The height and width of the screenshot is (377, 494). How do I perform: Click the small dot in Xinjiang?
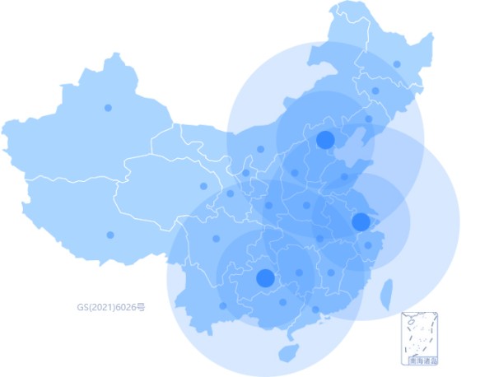(108, 108)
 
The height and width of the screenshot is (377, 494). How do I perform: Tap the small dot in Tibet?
(110, 235)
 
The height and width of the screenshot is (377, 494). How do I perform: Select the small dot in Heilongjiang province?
(397, 63)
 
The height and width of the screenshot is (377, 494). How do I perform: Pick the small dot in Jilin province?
(375, 91)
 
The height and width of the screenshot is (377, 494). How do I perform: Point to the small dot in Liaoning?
(368, 119)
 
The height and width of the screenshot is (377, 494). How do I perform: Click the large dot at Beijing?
(325, 139)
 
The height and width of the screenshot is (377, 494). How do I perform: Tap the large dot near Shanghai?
(361, 221)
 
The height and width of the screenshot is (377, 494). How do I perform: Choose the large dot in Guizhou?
(265, 277)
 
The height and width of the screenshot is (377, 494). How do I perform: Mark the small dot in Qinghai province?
(203, 186)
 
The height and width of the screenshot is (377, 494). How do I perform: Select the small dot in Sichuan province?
(216, 239)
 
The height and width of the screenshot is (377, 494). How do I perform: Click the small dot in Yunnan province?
(223, 305)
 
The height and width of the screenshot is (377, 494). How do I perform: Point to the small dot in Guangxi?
(283, 302)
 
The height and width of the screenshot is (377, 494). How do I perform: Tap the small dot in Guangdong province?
(315, 310)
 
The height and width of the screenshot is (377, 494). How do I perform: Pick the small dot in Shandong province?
(344, 176)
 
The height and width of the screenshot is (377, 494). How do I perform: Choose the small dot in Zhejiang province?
(368, 245)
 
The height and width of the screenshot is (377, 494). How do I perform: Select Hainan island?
(287, 353)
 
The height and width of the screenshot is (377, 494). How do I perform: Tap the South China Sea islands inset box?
(419, 337)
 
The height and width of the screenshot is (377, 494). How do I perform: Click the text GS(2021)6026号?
(111, 307)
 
